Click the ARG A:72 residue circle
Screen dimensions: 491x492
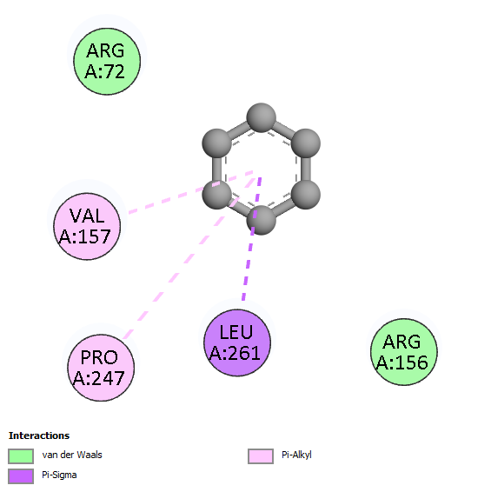(107, 62)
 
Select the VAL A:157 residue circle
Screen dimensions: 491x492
(87, 226)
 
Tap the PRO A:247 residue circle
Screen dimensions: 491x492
(101, 368)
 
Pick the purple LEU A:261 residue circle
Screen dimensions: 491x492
(237, 342)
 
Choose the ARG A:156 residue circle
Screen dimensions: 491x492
(404, 352)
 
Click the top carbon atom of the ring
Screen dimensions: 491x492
(261, 117)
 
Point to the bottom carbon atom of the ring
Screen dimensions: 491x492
(261, 220)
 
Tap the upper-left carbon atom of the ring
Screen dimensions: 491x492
(216, 143)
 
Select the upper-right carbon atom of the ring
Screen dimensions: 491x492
(306, 143)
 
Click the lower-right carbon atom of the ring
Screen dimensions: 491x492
(306, 195)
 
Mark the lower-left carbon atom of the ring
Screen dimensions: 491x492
(216, 195)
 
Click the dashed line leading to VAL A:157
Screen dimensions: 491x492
(191, 192)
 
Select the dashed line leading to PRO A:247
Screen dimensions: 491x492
(189, 258)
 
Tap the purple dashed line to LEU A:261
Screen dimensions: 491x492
(252, 239)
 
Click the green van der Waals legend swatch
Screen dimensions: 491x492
(21, 455)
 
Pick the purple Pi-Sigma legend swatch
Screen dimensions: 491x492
(21, 476)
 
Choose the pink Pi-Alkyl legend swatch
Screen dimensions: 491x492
(261, 455)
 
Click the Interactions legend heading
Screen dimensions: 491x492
(39, 435)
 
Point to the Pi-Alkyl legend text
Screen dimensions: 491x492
(296, 455)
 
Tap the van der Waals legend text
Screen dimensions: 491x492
(72, 455)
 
